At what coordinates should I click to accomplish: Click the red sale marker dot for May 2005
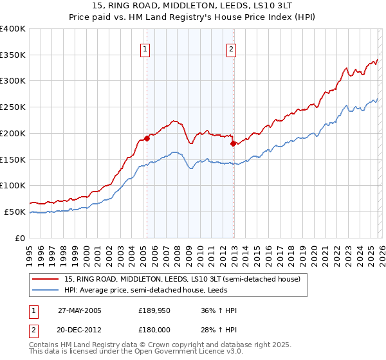(147, 138)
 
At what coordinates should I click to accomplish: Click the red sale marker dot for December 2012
(233, 143)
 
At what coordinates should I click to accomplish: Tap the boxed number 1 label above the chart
(145, 49)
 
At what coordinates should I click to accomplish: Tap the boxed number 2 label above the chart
(231, 49)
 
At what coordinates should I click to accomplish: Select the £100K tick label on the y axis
(13, 185)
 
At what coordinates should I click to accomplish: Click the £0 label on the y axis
(19, 238)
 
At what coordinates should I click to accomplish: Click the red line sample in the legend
(46, 279)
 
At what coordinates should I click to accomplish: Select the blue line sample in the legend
(46, 290)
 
